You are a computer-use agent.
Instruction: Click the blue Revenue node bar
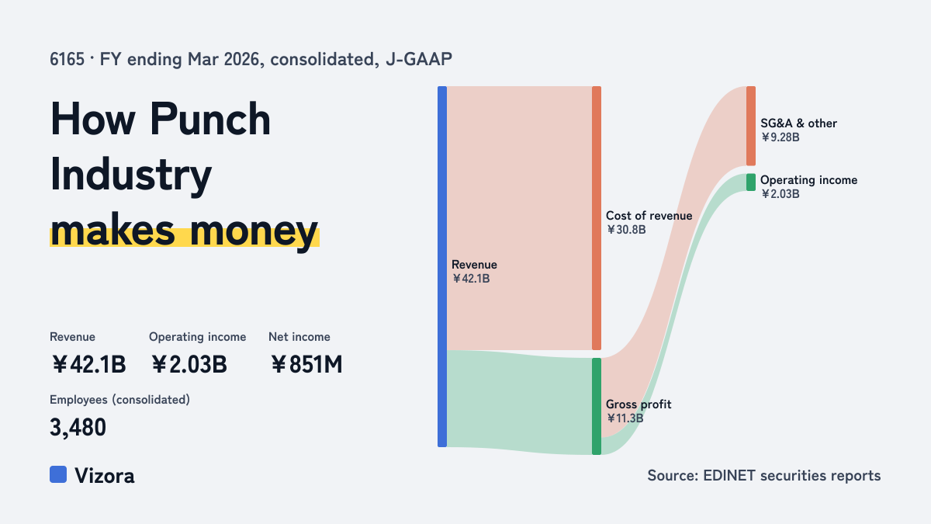click(x=442, y=266)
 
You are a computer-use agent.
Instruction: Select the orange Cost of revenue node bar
click(x=597, y=218)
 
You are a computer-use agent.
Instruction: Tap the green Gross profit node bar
click(x=597, y=406)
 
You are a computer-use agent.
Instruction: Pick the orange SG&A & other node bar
click(x=751, y=126)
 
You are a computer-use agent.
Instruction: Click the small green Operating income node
click(x=751, y=182)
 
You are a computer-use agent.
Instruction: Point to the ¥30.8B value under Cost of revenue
click(x=626, y=230)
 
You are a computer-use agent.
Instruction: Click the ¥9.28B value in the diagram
click(x=780, y=137)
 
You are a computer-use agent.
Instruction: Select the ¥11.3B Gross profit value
click(x=625, y=418)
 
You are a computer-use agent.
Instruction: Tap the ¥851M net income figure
click(x=306, y=364)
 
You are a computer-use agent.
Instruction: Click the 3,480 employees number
click(x=78, y=428)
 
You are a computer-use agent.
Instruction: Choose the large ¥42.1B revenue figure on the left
click(x=88, y=364)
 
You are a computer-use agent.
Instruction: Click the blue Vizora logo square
click(x=58, y=474)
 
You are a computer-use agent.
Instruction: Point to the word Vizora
click(x=104, y=475)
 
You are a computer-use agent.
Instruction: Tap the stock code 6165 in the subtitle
click(x=67, y=59)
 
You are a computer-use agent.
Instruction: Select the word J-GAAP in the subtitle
click(x=419, y=59)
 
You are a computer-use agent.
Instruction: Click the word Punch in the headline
click(x=210, y=119)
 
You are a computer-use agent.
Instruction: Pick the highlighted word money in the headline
click(x=254, y=231)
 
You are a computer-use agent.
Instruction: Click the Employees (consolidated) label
click(x=119, y=400)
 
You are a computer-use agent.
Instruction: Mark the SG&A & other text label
click(x=798, y=123)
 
